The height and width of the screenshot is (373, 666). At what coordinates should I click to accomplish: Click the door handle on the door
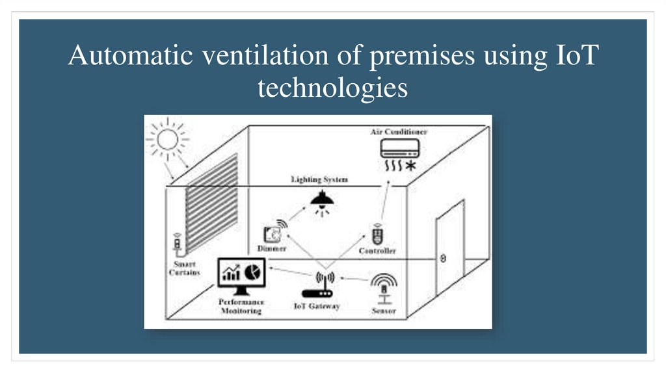click(x=443, y=258)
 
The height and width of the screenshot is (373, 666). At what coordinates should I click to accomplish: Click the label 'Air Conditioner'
click(x=399, y=132)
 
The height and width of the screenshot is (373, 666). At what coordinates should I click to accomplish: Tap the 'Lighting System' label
click(x=319, y=179)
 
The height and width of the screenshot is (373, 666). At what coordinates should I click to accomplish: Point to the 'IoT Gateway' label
click(x=317, y=306)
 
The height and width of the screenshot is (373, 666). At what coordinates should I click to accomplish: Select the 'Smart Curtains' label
click(x=184, y=268)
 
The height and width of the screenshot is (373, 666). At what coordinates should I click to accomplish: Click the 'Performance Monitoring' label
click(x=241, y=307)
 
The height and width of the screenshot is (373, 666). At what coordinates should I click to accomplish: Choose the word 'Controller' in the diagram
click(x=377, y=251)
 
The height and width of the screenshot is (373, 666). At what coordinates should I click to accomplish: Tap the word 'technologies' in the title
click(x=332, y=88)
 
